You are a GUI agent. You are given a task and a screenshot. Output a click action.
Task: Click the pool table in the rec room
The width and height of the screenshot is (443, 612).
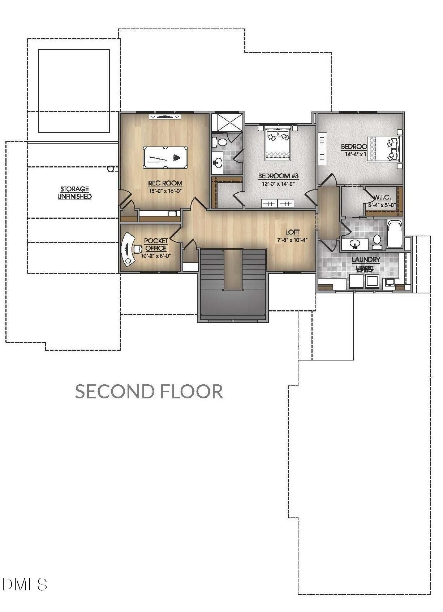coord(165,157)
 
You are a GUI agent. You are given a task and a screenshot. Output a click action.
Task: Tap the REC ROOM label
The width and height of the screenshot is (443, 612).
coord(165,183)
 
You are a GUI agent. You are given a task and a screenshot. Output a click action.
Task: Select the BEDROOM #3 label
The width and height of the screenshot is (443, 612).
coord(278,176)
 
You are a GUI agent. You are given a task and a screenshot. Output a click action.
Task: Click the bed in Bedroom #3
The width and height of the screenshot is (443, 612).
coord(278,143)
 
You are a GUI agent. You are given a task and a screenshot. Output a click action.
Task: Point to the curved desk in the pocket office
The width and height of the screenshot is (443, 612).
coord(126,249)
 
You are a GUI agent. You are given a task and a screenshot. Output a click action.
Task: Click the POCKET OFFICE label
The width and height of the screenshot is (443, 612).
coord(156,244)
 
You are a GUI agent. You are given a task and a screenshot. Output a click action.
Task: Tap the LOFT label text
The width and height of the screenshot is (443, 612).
coord(292,232)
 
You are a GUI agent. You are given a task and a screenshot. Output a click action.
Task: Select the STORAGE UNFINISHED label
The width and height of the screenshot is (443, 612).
coord(74,193)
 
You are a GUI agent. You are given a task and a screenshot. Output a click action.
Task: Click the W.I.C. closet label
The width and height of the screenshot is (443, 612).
coord(382,198)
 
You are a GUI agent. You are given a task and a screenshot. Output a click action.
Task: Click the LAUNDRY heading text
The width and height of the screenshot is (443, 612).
coord(366,259)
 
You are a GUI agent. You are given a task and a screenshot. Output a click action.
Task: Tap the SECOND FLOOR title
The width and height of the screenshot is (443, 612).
coord(149,391)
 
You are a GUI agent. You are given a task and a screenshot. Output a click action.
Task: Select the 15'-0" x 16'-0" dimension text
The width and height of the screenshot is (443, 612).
coord(165,191)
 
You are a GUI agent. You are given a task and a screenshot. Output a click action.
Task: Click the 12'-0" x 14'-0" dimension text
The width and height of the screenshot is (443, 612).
coord(278,184)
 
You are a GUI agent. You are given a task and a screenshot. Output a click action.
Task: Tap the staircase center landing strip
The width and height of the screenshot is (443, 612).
coord(233,269)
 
